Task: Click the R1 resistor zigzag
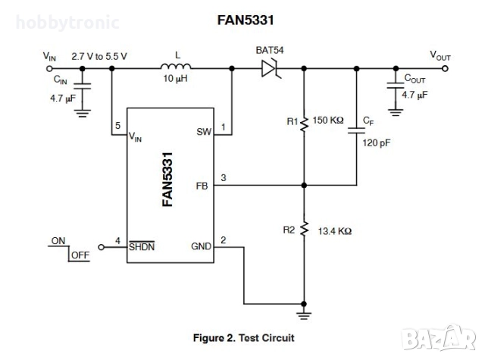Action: tap(304, 122)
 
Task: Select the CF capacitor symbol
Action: tap(356, 130)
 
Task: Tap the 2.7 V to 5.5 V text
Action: tap(99, 56)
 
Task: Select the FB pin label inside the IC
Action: tap(203, 184)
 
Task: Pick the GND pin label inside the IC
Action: tap(200, 246)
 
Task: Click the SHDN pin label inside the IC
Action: tap(141, 246)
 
